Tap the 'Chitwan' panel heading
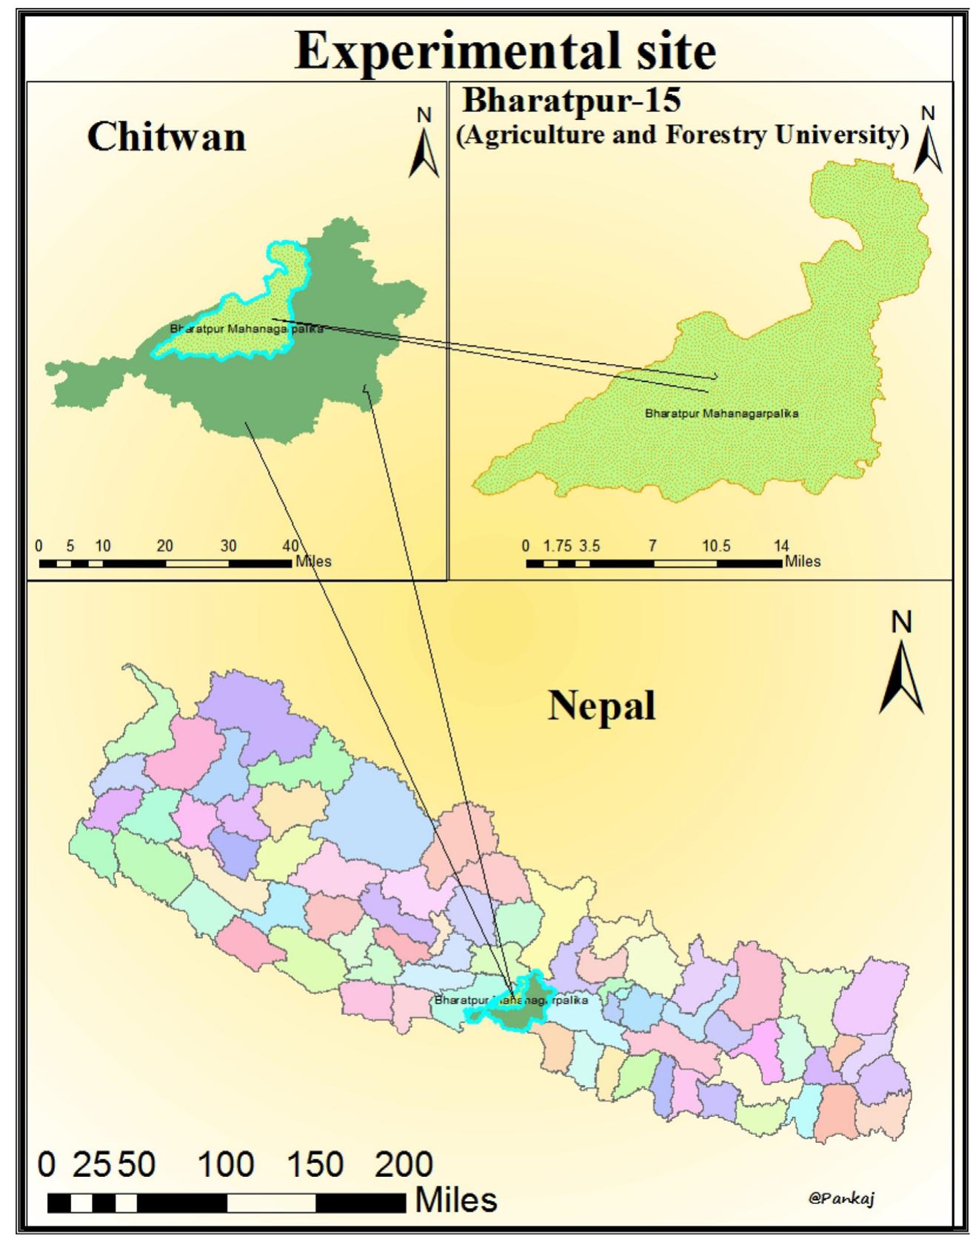[x=167, y=137]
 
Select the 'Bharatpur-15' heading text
[x=572, y=100]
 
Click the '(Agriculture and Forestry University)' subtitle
[x=683, y=135]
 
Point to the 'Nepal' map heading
[x=601, y=705]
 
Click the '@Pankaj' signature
[x=842, y=1198]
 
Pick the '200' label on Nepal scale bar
[x=404, y=1164]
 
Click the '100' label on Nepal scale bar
[x=226, y=1164]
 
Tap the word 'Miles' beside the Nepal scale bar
[x=455, y=1200]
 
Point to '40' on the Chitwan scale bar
[x=290, y=546]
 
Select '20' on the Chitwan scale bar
[x=164, y=546]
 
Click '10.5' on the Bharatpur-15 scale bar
[x=716, y=546]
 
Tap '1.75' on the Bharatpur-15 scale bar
[x=557, y=546]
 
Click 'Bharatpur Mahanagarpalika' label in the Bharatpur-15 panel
[x=721, y=414]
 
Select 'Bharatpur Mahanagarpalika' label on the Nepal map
[x=511, y=1000]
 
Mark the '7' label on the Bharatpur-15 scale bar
[x=652, y=546]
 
